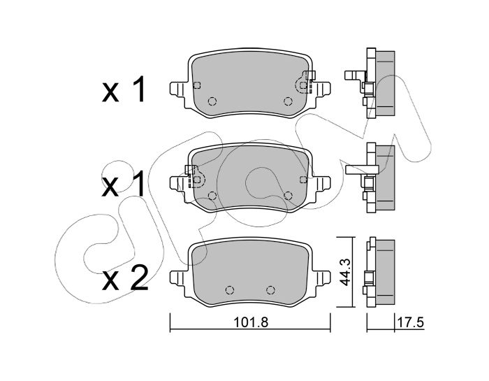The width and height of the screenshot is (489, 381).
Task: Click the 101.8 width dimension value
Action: coord(251,322)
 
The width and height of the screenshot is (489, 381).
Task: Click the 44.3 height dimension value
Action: coord(345,272)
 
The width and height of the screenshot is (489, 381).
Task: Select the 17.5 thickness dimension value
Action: coord(411,322)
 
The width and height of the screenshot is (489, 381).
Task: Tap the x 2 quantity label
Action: coord(125,278)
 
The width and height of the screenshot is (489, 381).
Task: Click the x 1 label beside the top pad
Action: coord(124,89)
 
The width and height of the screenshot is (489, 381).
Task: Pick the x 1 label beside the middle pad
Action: coord(124,184)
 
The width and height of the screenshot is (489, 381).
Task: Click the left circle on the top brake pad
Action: coord(212,101)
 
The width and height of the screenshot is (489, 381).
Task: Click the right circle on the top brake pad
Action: coord(288,101)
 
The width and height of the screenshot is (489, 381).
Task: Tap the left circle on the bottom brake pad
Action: coord(230,290)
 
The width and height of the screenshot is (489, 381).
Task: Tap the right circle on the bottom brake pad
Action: coord(271,290)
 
